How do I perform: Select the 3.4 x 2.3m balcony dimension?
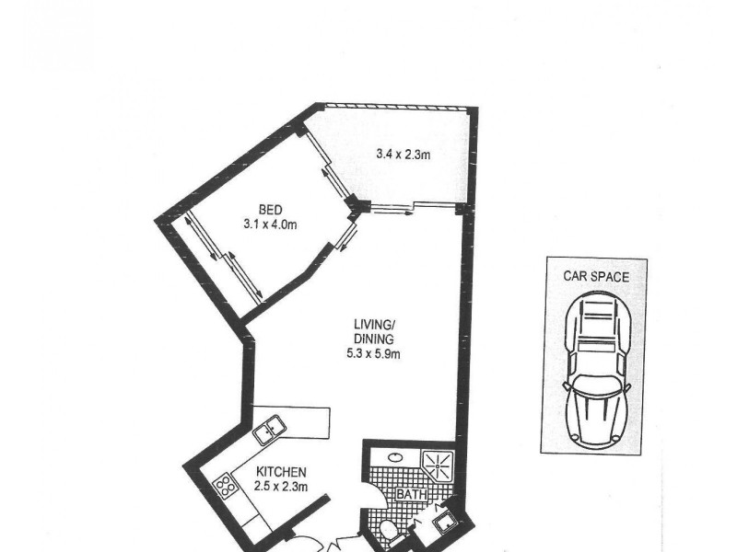(x=404, y=155)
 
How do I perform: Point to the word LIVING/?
(x=374, y=323)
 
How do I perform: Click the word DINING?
(x=374, y=338)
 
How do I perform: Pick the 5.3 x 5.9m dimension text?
(x=374, y=351)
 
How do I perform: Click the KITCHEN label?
(x=281, y=472)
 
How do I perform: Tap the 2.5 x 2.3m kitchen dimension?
(x=281, y=486)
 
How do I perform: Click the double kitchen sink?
(x=270, y=428)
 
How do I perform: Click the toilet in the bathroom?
(x=392, y=530)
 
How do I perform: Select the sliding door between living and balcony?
(x=394, y=206)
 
